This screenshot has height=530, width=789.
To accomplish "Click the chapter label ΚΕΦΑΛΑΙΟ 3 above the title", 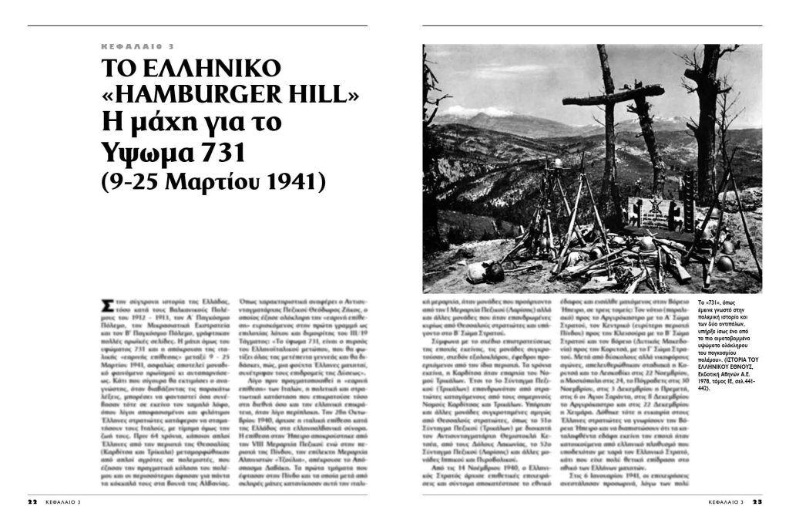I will [x=138, y=46].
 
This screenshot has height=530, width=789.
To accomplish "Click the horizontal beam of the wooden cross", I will [x=613, y=96].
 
